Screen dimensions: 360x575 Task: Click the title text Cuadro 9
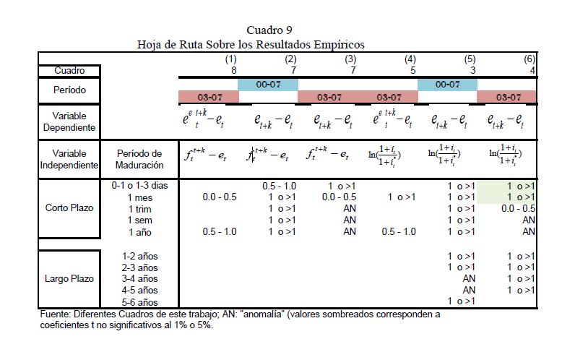[269, 30]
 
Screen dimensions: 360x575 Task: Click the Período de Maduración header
[139, 159]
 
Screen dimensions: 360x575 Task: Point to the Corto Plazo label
[69, 208]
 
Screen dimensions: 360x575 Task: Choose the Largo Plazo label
[69, 278]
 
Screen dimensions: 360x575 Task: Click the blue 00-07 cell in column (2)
[268, 85]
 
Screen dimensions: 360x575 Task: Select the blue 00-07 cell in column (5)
[447, 85]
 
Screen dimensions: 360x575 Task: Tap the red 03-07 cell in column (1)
[208, 97]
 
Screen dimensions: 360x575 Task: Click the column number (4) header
[410, 59]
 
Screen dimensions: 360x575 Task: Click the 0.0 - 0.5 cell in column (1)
[219, 197]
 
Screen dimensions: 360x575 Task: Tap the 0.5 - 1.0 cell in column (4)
[399, 231]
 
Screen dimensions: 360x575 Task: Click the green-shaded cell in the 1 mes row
[511, 197]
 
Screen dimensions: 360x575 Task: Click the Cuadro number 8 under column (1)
[233, 70]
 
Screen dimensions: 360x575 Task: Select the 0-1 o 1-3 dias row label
[140, 186]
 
